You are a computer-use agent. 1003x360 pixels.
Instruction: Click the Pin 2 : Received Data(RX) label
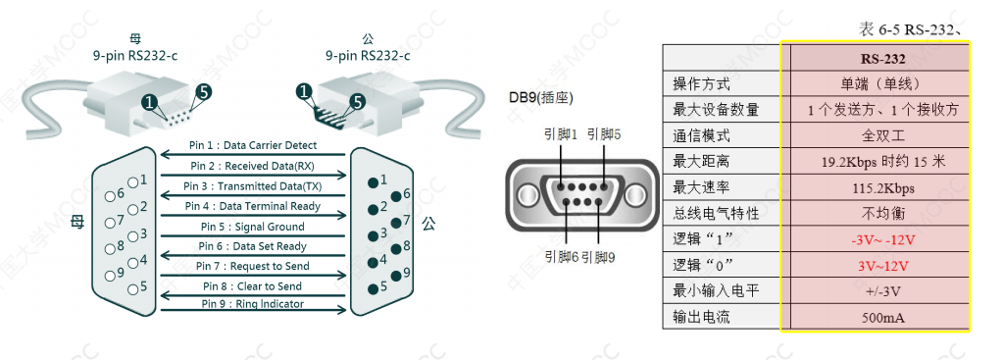(254, 166)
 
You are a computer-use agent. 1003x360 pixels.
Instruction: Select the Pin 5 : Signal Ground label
(254, 226)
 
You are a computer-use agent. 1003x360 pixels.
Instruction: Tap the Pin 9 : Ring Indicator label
(253, 303)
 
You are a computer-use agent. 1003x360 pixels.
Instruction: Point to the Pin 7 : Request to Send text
(253, 266)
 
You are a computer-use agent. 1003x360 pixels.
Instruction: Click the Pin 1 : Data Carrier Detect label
(254, 146)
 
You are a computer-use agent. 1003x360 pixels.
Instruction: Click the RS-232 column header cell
(875, 58)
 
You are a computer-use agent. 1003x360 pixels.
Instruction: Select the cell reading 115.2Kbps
(875, 187)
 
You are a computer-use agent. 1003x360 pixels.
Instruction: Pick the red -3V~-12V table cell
(875, 239)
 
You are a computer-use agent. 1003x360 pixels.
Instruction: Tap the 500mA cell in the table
(875, 318)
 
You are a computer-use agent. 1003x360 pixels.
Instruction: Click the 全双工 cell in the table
(875, 135)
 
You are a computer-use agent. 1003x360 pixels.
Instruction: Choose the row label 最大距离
(701, 161)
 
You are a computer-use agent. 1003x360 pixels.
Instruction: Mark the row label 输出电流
(701, 318)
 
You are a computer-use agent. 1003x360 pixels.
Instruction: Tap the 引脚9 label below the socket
(600, 257)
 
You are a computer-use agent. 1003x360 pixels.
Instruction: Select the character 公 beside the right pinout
(428, 224)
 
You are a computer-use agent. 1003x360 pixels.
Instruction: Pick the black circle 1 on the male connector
(305, 91)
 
